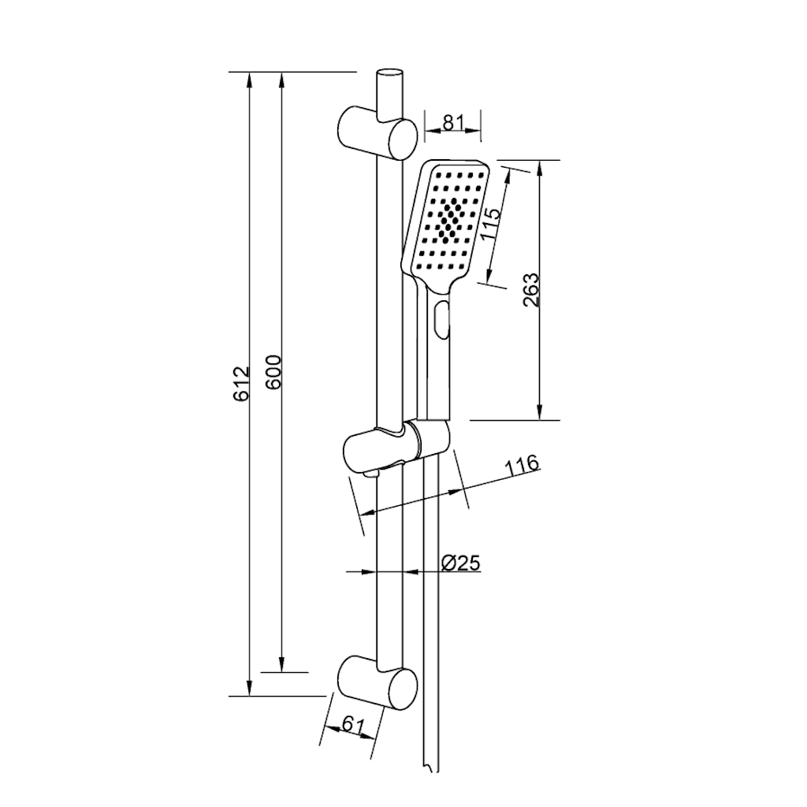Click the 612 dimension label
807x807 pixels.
pos(242,384)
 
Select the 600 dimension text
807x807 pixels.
pos(274,372)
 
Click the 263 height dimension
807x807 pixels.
pos(530,290)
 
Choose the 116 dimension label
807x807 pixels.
pos(522,466)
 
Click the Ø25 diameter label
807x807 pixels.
pos(461,563)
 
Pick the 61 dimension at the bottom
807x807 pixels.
pos(352,726)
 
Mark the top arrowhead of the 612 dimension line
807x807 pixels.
pos(250,81)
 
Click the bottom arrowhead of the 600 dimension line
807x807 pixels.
pos(281,664)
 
